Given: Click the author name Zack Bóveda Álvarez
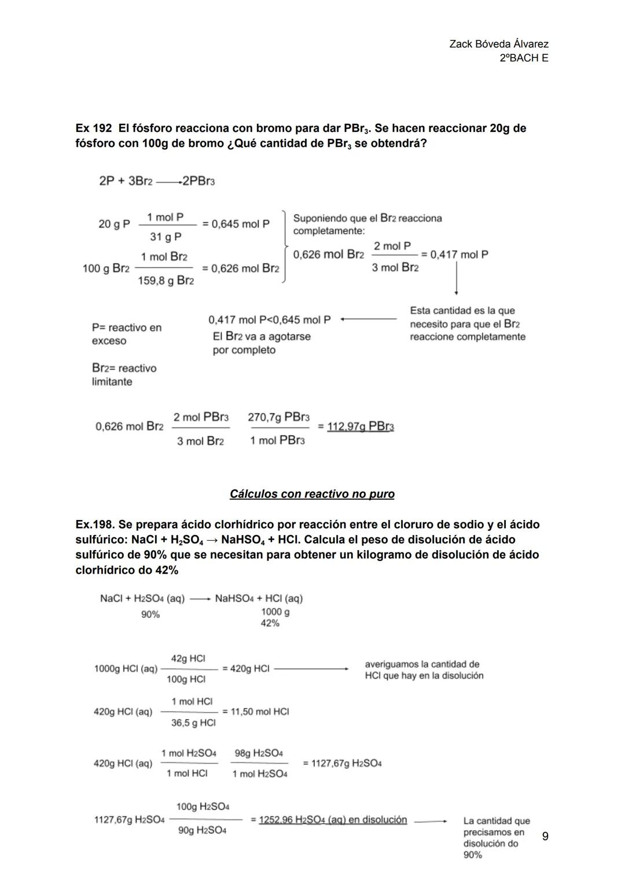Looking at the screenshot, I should click(x=499, y=44).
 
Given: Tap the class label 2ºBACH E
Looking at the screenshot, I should click(x=524, y=58).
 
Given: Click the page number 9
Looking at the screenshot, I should click(x=545, y=836).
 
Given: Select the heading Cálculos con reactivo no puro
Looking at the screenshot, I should click(x=312, y=494).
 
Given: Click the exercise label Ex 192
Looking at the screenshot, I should click(x=94, y=128).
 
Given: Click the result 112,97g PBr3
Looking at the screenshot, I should click(x=361, y=427).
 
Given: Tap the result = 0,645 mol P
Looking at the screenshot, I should click(x=236, y=224).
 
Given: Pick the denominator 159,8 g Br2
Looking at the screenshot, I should click(x=166, y=281).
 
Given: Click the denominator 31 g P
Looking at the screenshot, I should click(x=166, y=237).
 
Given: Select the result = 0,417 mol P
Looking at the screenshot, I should click(x=454, y=254).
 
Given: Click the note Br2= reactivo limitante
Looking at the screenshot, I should click(x=124, y=375).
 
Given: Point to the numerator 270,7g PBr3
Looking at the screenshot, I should click(x=278, y=417).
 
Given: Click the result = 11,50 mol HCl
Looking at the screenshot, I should click(x=255, y=711).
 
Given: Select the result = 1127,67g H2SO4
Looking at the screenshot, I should click(x=342, y=763).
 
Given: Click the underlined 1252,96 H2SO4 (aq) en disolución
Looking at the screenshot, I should click(x=333, y=820).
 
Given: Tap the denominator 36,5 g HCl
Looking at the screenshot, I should click(x=193, y=723).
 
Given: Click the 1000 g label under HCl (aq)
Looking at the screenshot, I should click(x=275, y=612).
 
